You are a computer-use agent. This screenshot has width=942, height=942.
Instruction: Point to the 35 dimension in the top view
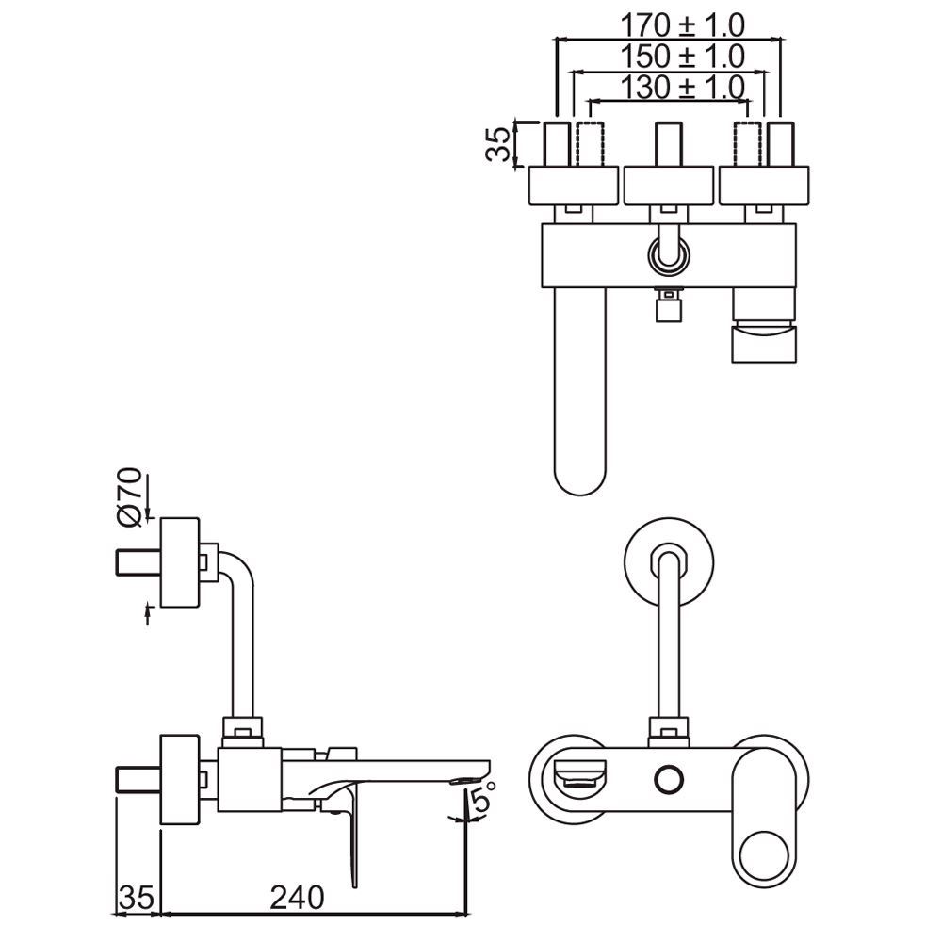(x=500, y=143)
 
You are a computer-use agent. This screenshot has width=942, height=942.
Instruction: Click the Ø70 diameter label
(x=130, y=495)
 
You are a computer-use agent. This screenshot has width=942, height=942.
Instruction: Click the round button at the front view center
(x=668, y=778)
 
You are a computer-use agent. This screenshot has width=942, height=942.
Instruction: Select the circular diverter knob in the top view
(x=669, y=253)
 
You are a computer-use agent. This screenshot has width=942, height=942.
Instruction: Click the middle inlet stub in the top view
(x=669, y=143)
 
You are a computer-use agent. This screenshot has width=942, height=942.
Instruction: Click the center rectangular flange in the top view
(x=669, y=185)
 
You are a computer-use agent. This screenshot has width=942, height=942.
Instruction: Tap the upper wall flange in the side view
(x=180, y=562)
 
